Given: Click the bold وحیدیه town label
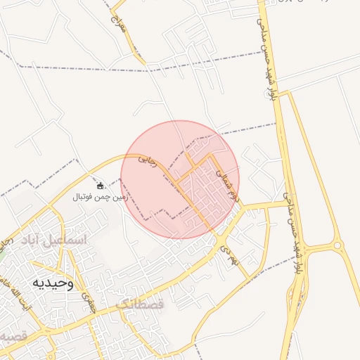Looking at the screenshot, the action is [52, 283].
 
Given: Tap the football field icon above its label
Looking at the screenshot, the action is [100, 186].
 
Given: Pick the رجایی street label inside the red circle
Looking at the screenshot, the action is [146, 160].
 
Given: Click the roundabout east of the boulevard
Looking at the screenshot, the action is [338, 246].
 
